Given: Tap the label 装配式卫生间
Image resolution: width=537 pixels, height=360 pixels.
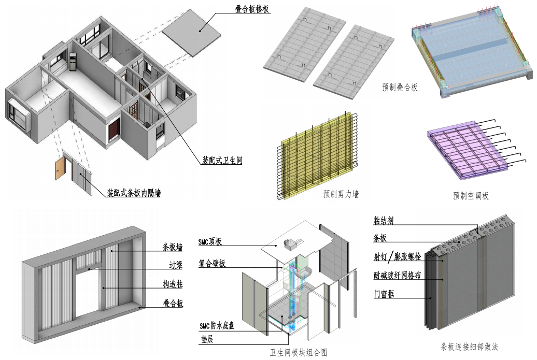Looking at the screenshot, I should coord(222,161).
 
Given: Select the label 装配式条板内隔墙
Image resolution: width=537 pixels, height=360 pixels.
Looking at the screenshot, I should coord(134,194).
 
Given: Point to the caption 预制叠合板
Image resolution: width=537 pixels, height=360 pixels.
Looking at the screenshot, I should coord(400,88).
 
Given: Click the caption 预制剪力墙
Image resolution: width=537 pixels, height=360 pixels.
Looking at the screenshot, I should coord(341,194).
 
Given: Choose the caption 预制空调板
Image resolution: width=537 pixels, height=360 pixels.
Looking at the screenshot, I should coord(471,196).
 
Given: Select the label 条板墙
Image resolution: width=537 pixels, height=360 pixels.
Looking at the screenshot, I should coord(172,247).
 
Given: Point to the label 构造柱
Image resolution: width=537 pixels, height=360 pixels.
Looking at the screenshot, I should coord(173,285).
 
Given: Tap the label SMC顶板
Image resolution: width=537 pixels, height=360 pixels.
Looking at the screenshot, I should coord(210,242).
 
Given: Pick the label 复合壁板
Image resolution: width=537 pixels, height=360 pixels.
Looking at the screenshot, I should coord(212,264).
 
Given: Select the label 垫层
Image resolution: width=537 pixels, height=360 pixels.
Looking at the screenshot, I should coord(206,341).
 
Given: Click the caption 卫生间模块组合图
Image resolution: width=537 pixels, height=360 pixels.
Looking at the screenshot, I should coord(298,353).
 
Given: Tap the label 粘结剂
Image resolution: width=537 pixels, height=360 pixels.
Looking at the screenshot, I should coord(384,221).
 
